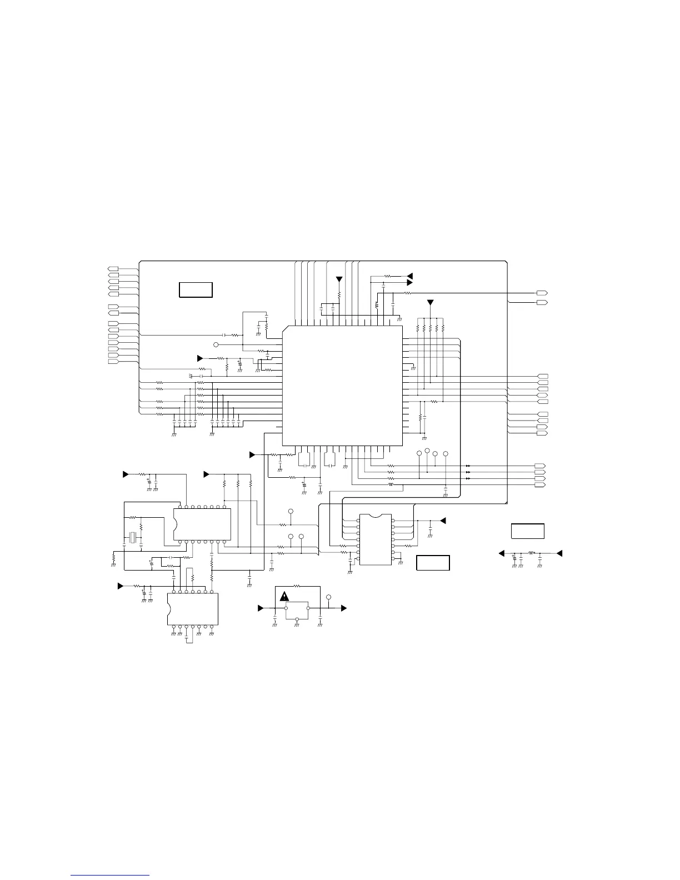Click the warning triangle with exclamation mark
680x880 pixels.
coord(284,597)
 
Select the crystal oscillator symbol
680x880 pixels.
coord(133,537)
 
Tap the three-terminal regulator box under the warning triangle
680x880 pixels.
coord(297,609)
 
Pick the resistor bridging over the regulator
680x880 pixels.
coord(297,586)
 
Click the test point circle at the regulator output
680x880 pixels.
coord(329,598)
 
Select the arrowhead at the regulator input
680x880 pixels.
coord(261,609)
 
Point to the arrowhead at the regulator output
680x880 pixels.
coord(343,609)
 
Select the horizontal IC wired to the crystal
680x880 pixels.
coord(202,524)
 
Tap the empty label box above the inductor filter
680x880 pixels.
coord(527,531)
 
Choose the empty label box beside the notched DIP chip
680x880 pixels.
coord(433,563)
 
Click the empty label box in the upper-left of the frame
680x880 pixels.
coord(196,289)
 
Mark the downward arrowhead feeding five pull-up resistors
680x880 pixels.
coord(430,303)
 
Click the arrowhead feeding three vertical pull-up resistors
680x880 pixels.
coord(206,474)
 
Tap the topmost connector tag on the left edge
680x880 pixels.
coord(113,269)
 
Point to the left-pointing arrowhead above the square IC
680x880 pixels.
coord(410,276)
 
